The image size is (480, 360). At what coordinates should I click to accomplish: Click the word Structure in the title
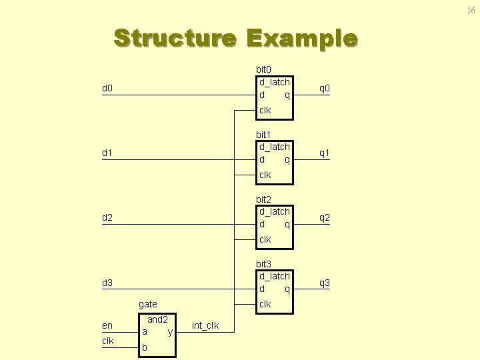(x=175, y=38)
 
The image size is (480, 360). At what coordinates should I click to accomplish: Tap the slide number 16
(x=471, y=10)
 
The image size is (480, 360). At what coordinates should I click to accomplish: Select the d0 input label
(x=107, y=89)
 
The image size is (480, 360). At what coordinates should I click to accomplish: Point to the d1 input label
(x=107, y=153)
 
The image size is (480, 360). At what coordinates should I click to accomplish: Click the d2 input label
(x=107, y=218)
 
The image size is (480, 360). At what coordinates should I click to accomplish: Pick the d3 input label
(x=107, y=283)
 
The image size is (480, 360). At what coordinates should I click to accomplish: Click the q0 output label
(x=325, y=89)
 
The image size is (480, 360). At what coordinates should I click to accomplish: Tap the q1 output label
(x=325, y=153)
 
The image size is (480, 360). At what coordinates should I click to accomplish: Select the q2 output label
(x=325, y=218)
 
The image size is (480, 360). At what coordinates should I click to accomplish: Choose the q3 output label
(x=325, y=283)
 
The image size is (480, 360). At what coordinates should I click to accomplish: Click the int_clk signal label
(x=205, y=325)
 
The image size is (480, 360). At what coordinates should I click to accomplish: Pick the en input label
(x=107, y=325)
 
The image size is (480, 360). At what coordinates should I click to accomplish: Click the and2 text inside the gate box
(x=157, y=319)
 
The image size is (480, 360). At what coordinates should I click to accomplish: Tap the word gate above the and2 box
(x=148, y=304)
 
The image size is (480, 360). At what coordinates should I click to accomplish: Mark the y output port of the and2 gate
(x=171, y=331)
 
